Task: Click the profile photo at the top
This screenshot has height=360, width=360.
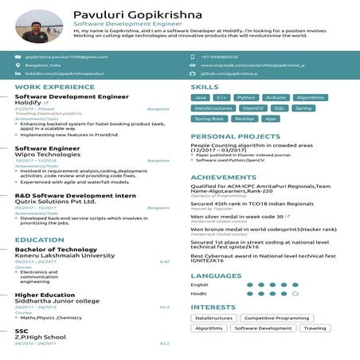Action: pyautogui.click(x=31, y=26)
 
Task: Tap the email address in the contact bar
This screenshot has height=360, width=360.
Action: pyautogui.click(x=65, y=57)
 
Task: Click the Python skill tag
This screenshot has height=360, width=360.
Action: pyautogui.click(x=246, y=97)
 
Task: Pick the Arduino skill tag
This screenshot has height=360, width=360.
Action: pyautogui.click(x=276, y=97)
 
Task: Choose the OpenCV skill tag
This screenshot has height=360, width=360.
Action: pyautogui.click(x=252, y=108)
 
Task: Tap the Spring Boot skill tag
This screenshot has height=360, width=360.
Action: pyautogui.click(x=209, y=118)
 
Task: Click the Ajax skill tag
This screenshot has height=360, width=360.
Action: pyautogui.click(x=271, y=118)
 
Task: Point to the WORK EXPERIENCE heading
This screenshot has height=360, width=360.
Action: pyautogui.click(x=49, y=86)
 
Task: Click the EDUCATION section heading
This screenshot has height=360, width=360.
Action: pyautogui.click(x=39, y=240)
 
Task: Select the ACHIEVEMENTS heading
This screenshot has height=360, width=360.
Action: pyautogui.click(x=223, y=178)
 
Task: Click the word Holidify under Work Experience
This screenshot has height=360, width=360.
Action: pyautogui.click(x=28, y=102)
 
